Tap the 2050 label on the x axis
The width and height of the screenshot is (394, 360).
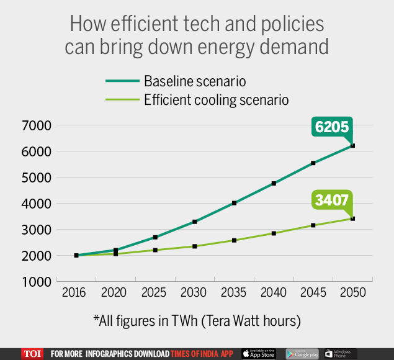[x=352, y=292]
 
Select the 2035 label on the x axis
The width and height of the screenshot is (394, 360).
[x=234, y=292]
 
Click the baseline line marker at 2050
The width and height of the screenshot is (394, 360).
[x=352, y=146]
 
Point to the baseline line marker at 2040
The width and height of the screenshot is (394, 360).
[x=274, y=183]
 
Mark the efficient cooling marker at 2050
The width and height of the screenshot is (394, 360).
[x=352, y=218]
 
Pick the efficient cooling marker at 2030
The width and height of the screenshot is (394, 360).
[x=194, y=246]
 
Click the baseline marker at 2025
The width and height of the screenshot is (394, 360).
[x=155, y=237]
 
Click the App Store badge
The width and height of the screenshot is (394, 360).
[x=259, y=354]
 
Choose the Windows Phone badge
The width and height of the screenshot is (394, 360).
[x=340, y=354]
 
